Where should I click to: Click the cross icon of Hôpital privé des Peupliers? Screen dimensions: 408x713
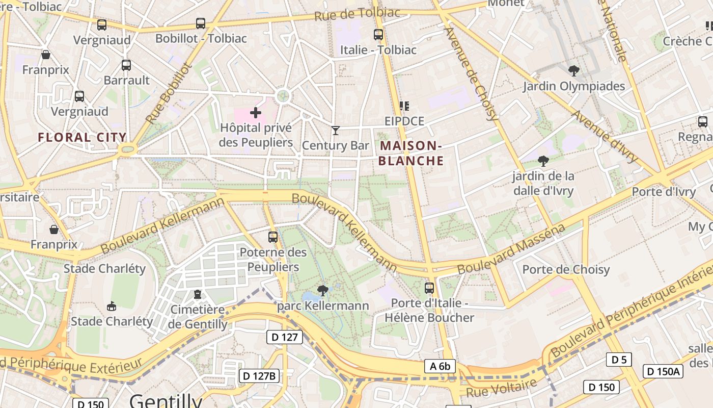256,112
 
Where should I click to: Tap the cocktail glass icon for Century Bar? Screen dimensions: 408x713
335,131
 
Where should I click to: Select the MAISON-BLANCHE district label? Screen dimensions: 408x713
411,153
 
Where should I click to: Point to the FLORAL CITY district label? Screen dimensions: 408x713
82,137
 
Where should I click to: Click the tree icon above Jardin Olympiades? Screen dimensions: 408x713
574,71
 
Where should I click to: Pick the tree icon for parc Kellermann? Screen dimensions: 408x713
322,291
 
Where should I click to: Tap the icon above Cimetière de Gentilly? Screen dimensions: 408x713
198,294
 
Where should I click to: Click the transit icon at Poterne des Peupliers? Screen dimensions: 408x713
273,237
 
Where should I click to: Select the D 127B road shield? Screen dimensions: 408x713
259,376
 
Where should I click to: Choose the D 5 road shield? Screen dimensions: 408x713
619,360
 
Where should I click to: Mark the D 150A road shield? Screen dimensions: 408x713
663,371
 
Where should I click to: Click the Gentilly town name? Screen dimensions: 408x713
166,400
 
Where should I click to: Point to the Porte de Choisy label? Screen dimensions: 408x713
566,270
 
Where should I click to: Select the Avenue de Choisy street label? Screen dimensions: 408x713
472,73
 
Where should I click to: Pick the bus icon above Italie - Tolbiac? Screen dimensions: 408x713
378,35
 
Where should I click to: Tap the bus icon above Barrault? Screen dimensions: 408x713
126,65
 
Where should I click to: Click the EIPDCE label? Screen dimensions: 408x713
404,121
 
